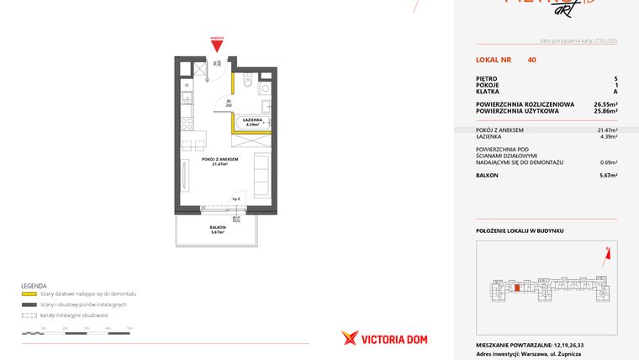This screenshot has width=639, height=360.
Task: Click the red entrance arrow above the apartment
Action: point(218,45)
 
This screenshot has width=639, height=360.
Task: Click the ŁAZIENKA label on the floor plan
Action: point(253,121)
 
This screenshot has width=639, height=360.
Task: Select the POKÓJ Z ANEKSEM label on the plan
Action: point(220,159)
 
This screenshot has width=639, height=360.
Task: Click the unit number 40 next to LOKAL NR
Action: point(531,60)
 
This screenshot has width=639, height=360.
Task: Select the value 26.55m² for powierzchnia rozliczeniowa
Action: point(604,104)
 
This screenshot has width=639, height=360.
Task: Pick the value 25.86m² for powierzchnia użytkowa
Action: point(604,110)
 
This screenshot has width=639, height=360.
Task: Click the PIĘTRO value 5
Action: point(615,79)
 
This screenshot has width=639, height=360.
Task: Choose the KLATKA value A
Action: point(615,92)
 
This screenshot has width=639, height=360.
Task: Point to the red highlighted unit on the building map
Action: point(516,289)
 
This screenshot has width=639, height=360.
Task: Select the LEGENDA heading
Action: point(34,286)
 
